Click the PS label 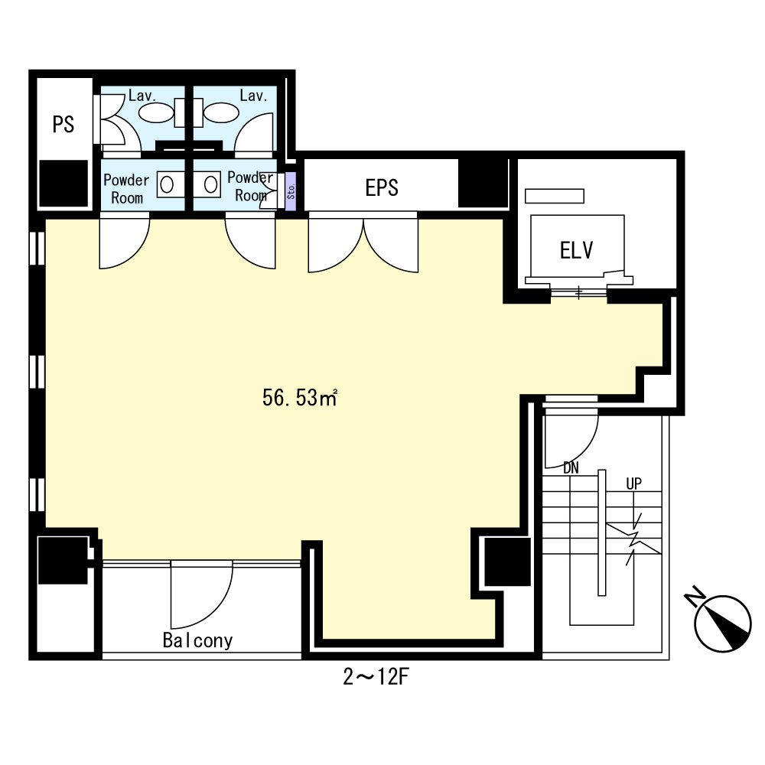(63, 125)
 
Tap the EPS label (381, 187)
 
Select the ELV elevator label (577, 250)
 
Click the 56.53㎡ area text (300, 398)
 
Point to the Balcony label (197, 640)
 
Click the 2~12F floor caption (378, 678)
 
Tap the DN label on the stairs (571, 467)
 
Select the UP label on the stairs (633, 483)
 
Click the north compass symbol (723, 621)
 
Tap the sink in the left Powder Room (167, 184)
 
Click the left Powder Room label (126, 189)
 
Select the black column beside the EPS (483, 184)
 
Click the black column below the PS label (63, 184)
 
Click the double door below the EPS (363, 245)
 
